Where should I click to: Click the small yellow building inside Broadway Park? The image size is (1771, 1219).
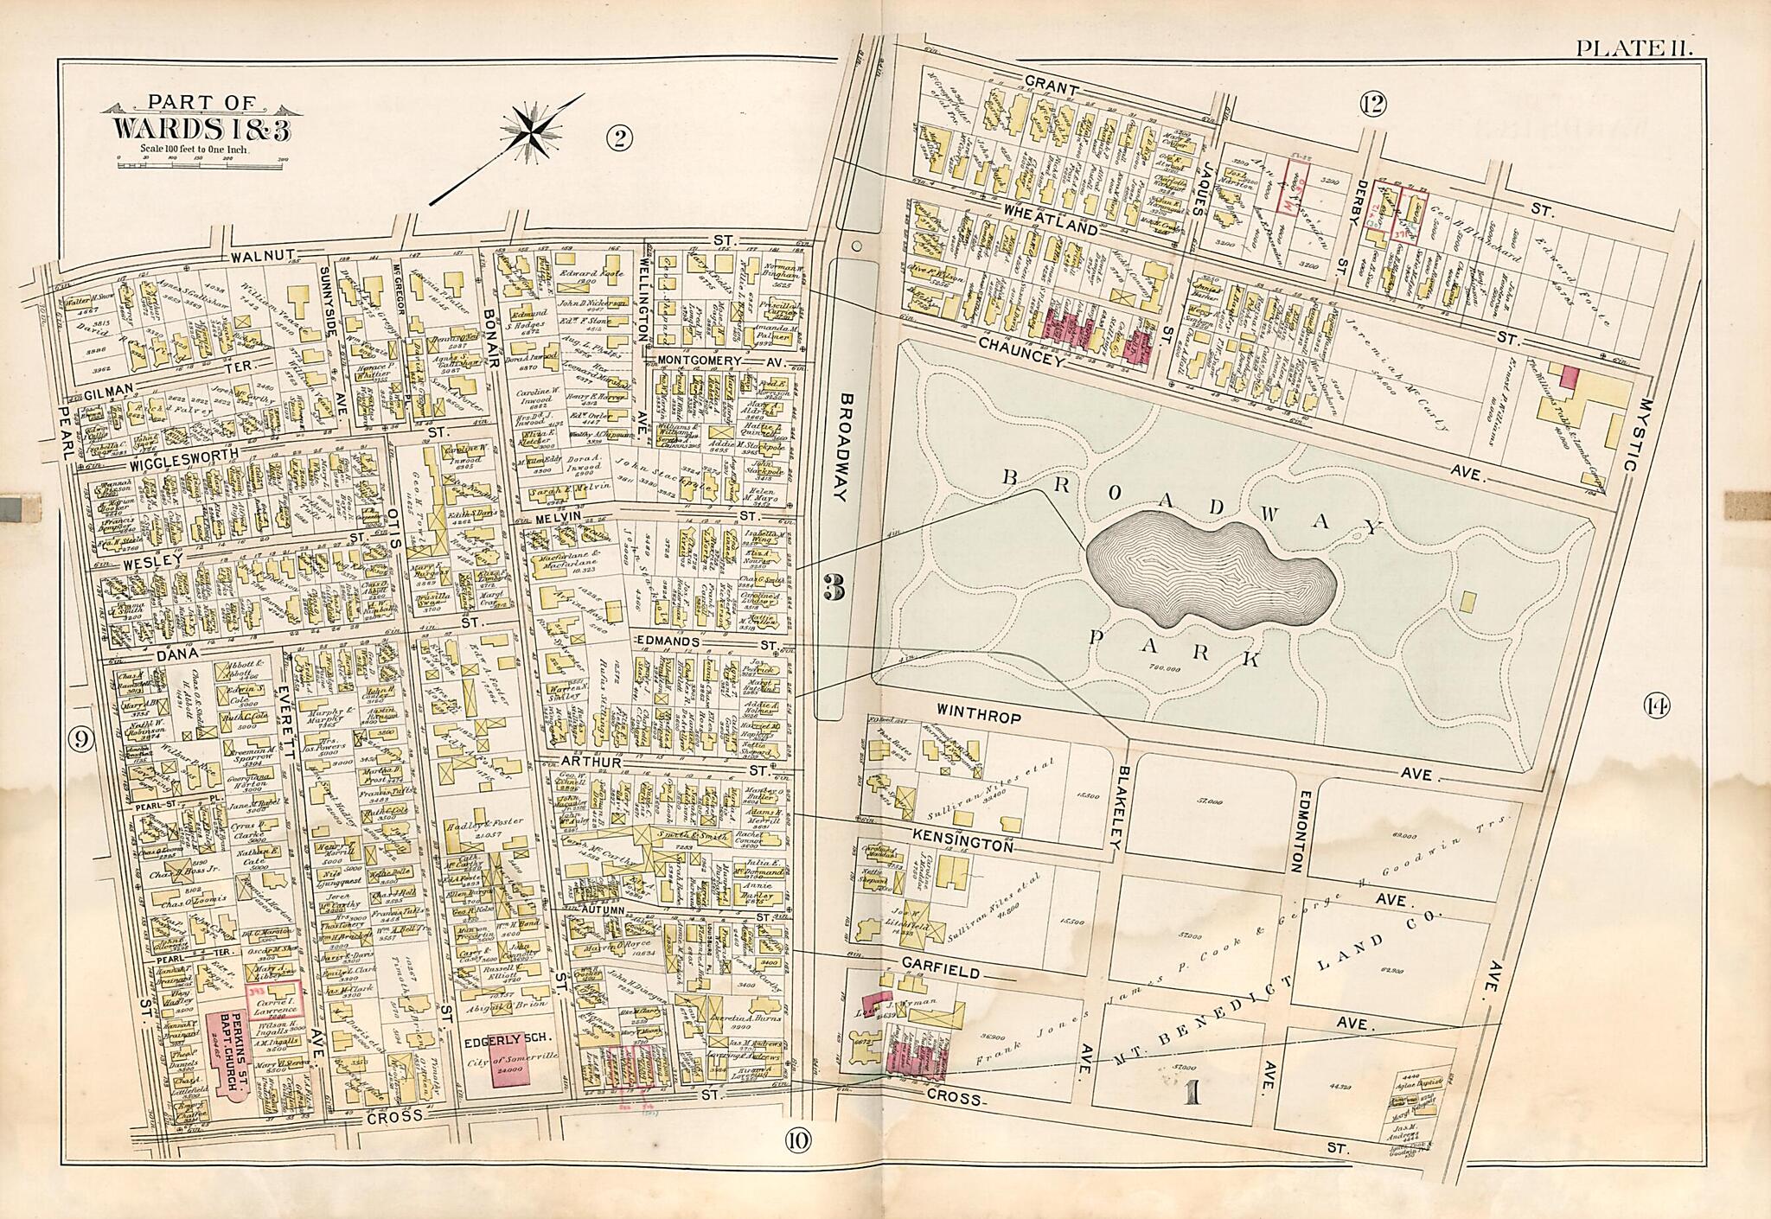click(x=1468, y=601)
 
